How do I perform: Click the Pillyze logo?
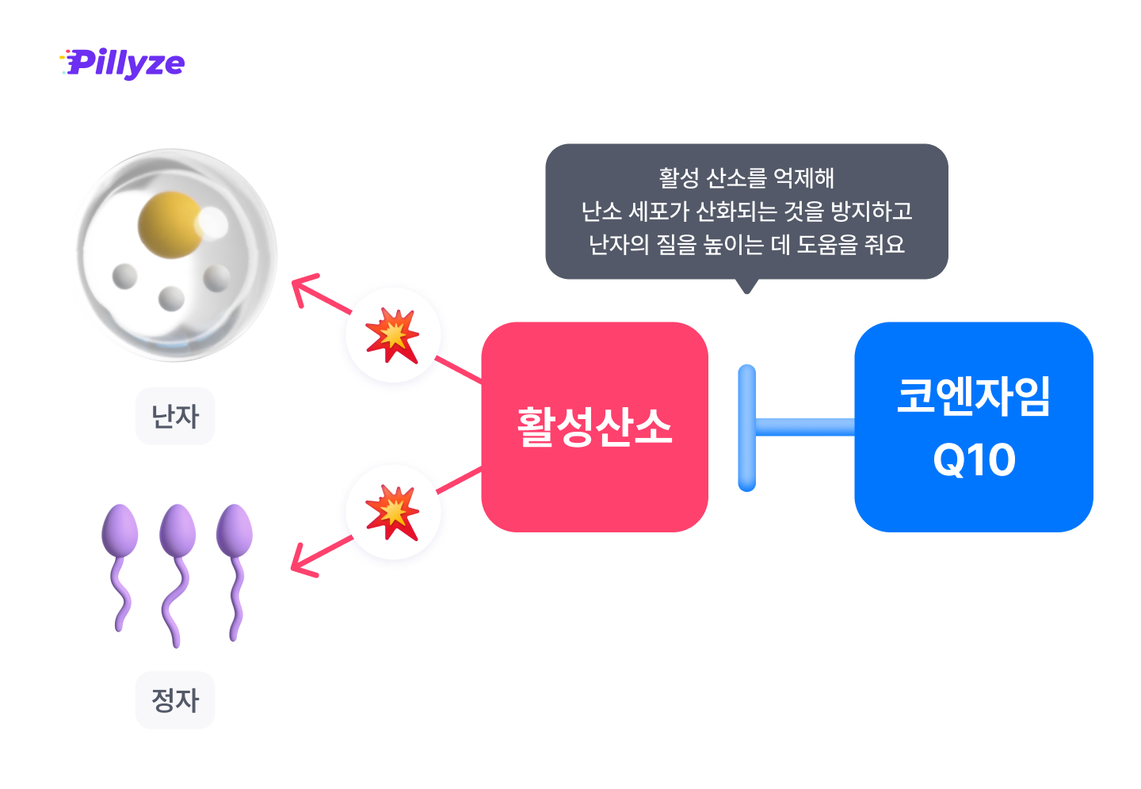point(123,63)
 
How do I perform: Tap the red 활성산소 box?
point(594,427)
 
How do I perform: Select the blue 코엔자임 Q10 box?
point(973,427)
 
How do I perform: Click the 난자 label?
point(175,417)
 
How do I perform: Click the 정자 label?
point(175,700)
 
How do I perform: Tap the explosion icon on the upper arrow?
point(393,335)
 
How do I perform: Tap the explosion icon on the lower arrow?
point(393,512)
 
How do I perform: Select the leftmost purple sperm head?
point(120,528)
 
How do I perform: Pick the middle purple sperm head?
point(177,528)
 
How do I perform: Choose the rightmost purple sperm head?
point(235,528)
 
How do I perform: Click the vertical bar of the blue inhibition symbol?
point(746,428)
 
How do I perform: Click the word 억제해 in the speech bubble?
point(803,178)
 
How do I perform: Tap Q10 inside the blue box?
point(974,459)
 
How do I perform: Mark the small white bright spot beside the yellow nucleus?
point(213,223)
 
